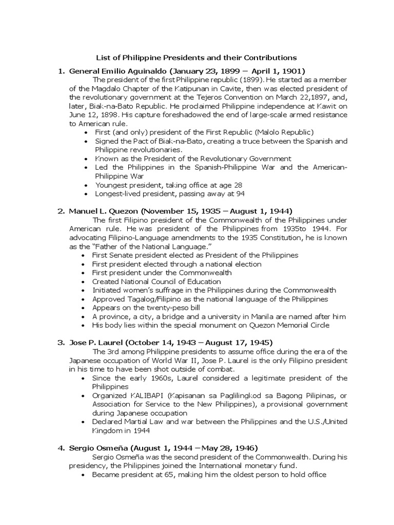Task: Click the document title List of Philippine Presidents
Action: (197, 57)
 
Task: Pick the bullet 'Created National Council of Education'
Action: (156, 281)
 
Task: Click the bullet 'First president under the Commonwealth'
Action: (162, 273)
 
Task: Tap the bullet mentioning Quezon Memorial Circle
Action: (211, 325)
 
